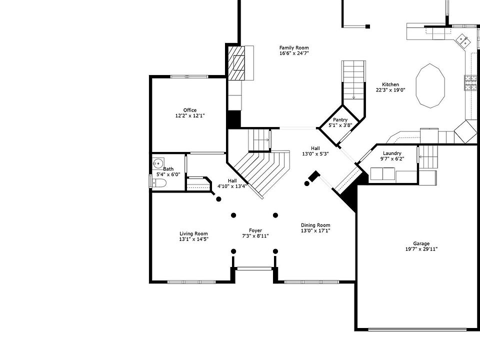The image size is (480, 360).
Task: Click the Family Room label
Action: (x=294, y=47)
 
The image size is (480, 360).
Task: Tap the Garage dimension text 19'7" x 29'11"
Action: (x=421, y=249)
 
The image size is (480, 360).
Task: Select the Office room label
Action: (x=189, y=110)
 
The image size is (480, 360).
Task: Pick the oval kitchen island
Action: (x=430, y=85)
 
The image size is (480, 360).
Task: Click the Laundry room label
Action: (x=392, y=153)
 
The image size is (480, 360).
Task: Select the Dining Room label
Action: (x=315, y=225)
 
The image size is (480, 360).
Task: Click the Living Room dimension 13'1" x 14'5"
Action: (x=193, y=239)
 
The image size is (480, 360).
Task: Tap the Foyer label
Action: (x=255, y=230)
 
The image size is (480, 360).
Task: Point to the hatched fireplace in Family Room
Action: (x=237, y=62)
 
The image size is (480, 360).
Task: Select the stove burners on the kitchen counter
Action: (x=470, y=82)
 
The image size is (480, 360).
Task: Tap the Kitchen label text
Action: (x=390, y=84)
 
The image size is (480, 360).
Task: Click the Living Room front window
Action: (x=187, y=282)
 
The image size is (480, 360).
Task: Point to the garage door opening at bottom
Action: (x=418, y=329)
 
